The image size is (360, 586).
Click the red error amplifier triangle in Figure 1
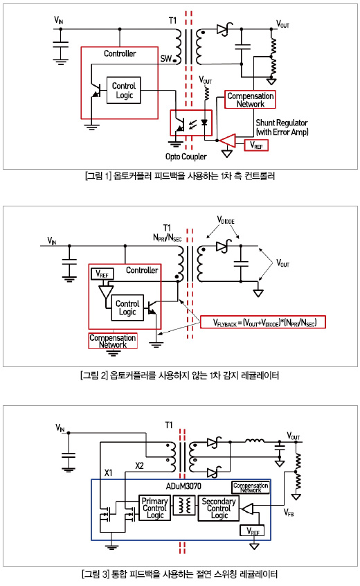(228, 141)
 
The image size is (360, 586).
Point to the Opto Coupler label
(186, 157)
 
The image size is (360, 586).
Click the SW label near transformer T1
(166, 58)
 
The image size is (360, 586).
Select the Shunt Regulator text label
(282, 123)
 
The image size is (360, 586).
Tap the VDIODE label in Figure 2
(226, 220)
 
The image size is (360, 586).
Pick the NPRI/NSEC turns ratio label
(168, 238)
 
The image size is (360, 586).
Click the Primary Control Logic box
(154, 508)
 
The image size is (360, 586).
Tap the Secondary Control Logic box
(219, 508)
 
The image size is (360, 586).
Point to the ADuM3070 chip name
(183, 486)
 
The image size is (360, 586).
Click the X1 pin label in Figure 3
(108, 473)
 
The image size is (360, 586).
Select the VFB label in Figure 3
(289, 513)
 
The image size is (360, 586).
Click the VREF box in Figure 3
(253, 531)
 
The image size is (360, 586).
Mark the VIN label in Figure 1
(59, 20)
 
